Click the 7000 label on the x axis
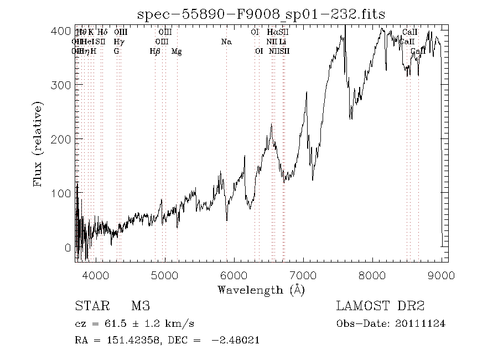pyautogui.click(x=303, y=275)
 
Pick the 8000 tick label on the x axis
pyautogui.click(x=372, y=275)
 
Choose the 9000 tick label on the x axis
pyautogui.click(x=442, y=275)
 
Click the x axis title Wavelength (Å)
pyautogui.click(x=261, y=290)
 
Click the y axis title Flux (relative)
pyautogui.click(x=38, y=144)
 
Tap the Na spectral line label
pyautogui.click(x=226, y=42)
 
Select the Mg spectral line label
pyautogui.click(x=177, y=52)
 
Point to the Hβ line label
pyautogui.click(x=155, y=52)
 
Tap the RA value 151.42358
pyautogui.click(x=127, y=341)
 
